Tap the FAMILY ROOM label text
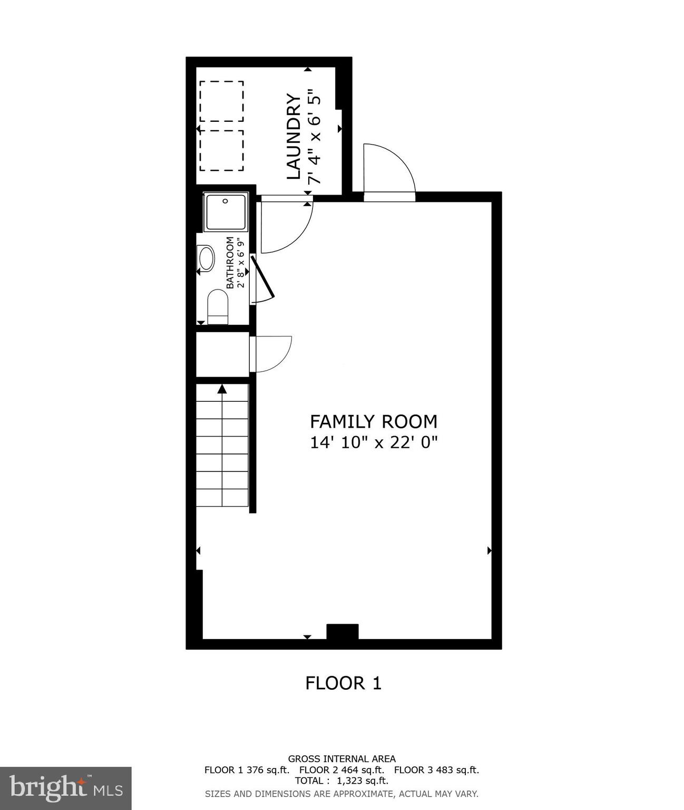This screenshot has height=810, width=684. [373, 421]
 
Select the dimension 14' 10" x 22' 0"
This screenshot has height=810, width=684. [374, 442]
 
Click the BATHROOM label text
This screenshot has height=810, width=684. [230, 262]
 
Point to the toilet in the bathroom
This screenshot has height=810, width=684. [217, 306]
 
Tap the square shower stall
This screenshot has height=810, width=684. [226, 212]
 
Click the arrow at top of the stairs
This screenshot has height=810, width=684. [222, 389]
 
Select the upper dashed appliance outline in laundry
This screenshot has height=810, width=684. [221, 101]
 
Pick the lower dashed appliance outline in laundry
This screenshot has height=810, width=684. [221, 150]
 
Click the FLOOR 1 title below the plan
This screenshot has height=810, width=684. [343, 683]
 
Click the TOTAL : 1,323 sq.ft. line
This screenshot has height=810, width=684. [341, 780]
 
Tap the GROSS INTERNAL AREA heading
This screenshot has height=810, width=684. [341, 759]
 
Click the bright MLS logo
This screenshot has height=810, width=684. [65, 788]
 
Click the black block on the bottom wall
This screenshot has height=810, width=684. [343, 631]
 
